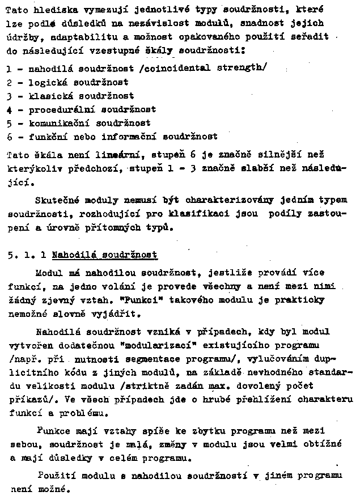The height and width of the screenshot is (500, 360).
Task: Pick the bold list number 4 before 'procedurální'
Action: pos(9,109)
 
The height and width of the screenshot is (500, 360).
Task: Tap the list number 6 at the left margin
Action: pos(9,137)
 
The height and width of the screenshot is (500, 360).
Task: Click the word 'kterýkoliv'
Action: pos(32,168)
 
